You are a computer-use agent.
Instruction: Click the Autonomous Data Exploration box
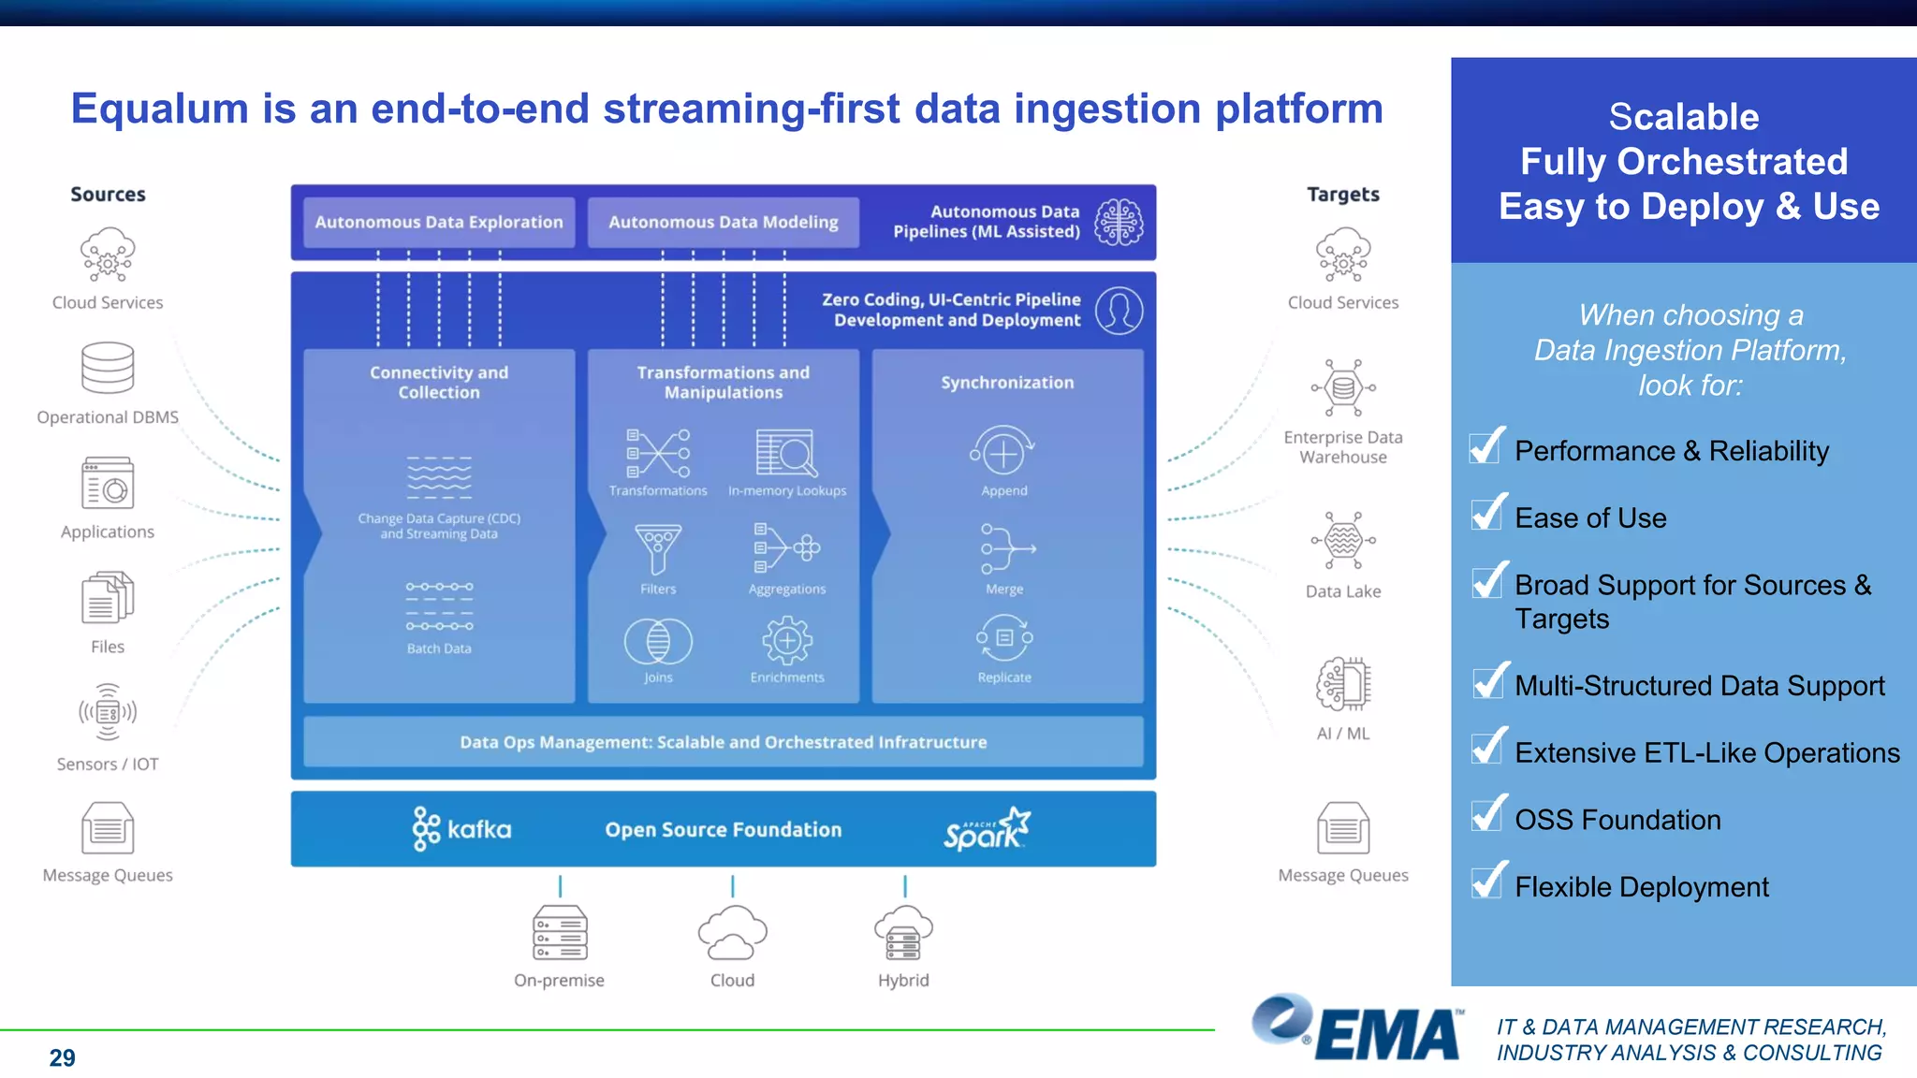coord(438,223)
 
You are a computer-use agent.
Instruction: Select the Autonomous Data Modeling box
coord(723,223)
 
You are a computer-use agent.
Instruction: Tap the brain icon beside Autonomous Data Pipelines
coord(1119,223)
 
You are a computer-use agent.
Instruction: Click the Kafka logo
coord(462,829)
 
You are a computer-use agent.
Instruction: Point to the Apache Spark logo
coord(987,829)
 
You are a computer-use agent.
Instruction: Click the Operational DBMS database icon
coord(108,368)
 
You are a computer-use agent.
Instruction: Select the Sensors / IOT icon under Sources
coord(108,712)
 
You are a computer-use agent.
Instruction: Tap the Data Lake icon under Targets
coord(1343,541)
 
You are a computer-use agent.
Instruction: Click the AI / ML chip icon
coord(1343,684)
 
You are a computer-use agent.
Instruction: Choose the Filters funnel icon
coord(658,549)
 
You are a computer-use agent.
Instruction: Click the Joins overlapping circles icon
coord(658,642)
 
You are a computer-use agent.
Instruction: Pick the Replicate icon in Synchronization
coord(1004,639)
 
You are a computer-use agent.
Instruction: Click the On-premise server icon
coord(560,932)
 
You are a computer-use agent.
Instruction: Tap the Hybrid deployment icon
coord(903,933)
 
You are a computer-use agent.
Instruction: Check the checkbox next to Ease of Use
coord(1487,514)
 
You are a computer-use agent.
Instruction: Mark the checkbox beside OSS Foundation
coord(1487,815)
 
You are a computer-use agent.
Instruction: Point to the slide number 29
coord(62,1057)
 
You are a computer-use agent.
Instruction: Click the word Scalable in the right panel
coord(1683,117)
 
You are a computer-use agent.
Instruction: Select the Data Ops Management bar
coord(723,742)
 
